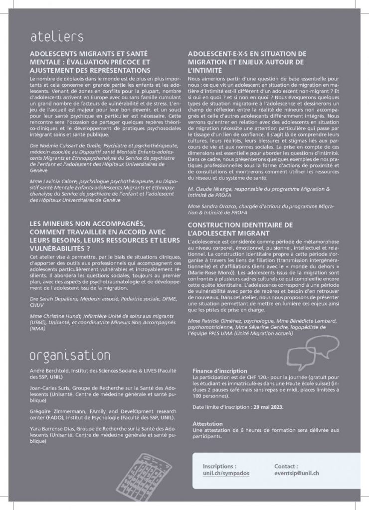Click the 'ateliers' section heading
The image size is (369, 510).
click(56, 36)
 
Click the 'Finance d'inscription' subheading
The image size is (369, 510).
click(219, 371)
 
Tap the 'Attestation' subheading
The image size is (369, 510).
click(207, 423)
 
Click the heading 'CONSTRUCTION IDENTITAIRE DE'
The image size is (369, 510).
click(240, 225)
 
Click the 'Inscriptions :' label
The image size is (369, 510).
click(220, 466)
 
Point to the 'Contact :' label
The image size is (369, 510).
click(286, 466)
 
